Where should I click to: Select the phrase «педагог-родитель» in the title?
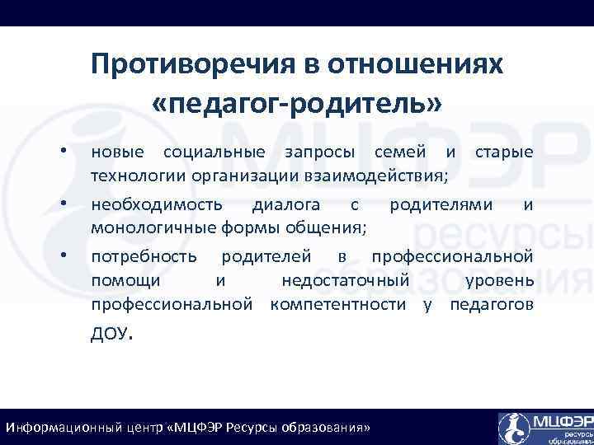tap(298, 104)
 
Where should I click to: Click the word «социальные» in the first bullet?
tap(214, 152)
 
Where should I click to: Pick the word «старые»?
tap(504, 152)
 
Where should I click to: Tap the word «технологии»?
tap(138, 176)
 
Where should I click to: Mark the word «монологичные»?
tap(153, 227)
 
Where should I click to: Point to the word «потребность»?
tap(144, 256)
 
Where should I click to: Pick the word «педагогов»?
tap(492, 305)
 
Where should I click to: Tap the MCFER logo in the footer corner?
tap(544, 427)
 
